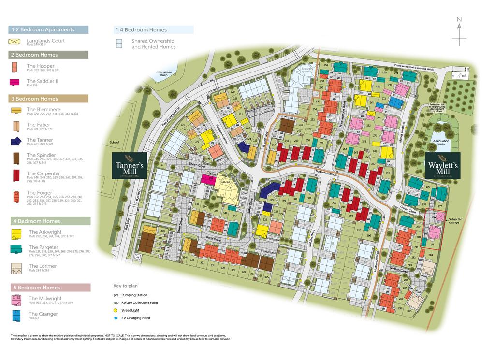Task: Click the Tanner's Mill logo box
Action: (129, 166)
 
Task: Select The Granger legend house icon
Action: (17, 316)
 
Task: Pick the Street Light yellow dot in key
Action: (116, 310)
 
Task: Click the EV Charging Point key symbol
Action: (116, 318)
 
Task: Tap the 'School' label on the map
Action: (114, 143)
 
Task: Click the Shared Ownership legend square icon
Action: (119, 44)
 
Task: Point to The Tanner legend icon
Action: (17, 141)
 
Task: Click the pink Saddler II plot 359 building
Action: (208, 180)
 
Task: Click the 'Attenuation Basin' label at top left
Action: (164, 74)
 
